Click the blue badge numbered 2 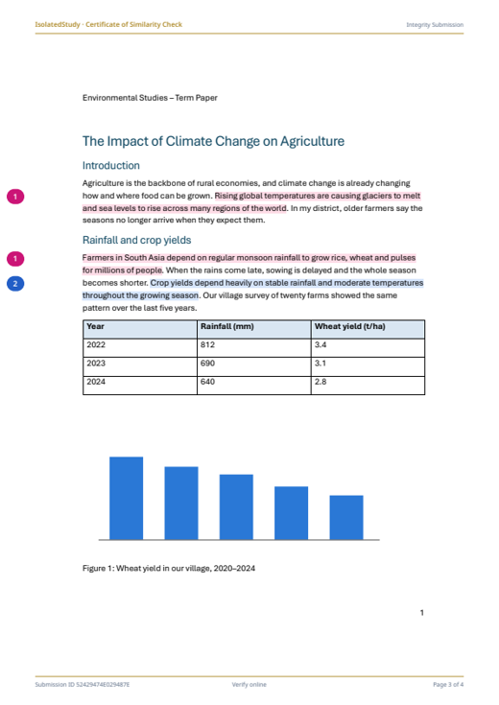(15, 284)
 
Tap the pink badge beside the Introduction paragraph (15, 197)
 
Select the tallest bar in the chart (127, 498)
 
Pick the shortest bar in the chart (346, 518)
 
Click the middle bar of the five (236, 506)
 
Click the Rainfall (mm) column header (227, 326)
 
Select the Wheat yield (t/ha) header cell (349, 326)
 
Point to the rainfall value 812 (207, 345)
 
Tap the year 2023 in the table (96, 364)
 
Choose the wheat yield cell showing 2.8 (321, 382)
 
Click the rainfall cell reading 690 (207, 364)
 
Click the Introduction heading (111, 165)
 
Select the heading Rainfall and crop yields (137, 240)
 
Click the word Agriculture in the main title (312, 141)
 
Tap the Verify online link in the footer (249, 684)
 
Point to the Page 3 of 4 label (448, 684)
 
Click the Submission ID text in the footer (83, 684)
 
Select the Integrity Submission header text (435, 25)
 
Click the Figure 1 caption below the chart (169, 568)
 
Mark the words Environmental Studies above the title (125, 98)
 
